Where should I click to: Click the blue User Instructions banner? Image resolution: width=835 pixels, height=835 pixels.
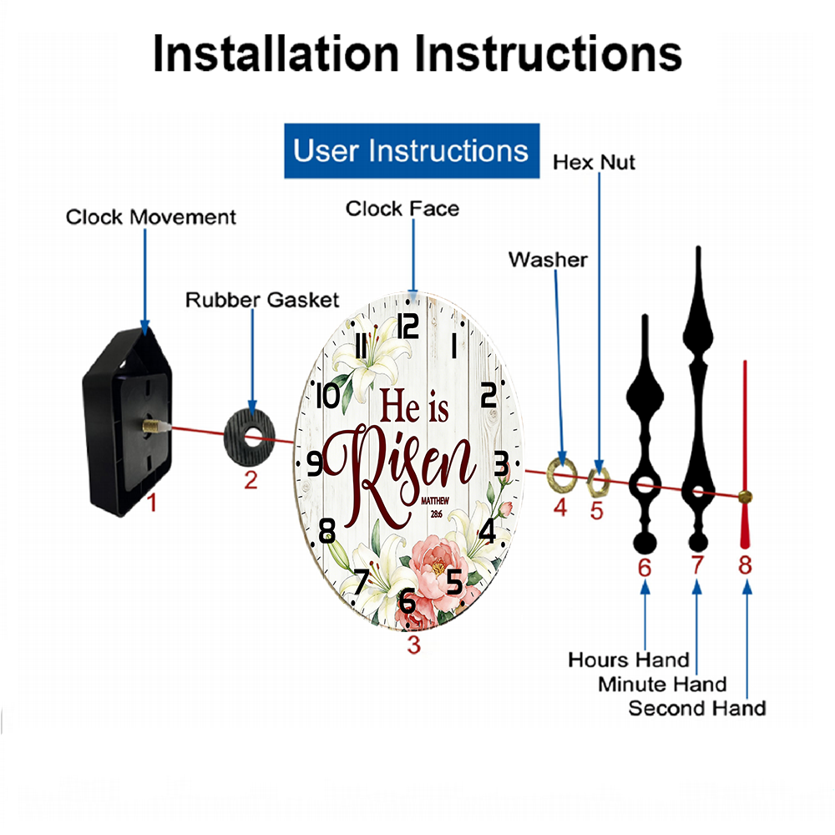pyautogui.click(x=412, y=150)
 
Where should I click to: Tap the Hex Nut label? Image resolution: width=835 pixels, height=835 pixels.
pyautogui.click(x=594, y=163)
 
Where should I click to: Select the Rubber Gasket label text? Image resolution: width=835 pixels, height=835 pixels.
pyautogui.click(x=262, y=300)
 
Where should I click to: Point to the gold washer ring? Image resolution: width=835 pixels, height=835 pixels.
pyautogui.click(x=562, y=473)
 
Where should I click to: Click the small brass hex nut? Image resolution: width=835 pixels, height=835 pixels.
pyautogui.click(x=598, y=482)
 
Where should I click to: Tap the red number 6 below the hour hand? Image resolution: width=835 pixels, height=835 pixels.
pyautogui.click(x=645, y=568)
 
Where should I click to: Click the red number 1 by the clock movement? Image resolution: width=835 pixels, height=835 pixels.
pyautogui.click(x=152, y=503)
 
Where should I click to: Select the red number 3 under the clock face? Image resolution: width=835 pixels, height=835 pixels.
pyautogui.click(x=414, y=645)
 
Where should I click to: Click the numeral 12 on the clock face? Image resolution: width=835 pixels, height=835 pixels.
pyautogui.click(x=408, y=326)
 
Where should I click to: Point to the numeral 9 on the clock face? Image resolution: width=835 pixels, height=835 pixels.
pyautogui.click(x=316, y=463)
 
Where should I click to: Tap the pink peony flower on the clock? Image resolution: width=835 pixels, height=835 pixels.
pyautogui.click(x=436, y=567)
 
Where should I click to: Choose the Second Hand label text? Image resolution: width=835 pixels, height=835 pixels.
pyautogui.click(x=697, y=708)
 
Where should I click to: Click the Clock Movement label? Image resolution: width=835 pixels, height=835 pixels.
pyautogui.click(x=150, y=217)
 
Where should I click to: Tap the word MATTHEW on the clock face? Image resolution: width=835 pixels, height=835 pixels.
pyautogui.click(x=435, y=500)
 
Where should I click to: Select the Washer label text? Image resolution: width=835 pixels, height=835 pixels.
pyautogui.click(x=548, y=260)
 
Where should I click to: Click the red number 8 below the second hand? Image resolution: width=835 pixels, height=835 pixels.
pyautogui.click(x=745, y=565)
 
